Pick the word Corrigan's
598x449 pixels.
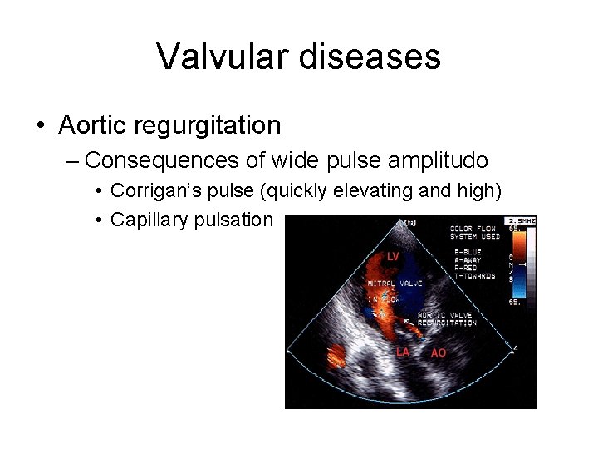click(x=146, y=190)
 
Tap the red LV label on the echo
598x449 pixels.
click(x=393, y=255)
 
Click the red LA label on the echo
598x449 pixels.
click(x=403, y=352)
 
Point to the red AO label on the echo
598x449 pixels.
click(x=439, y=353)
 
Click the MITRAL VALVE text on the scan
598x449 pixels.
click(x=395, y=284)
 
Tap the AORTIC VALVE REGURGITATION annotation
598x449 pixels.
click(x=447, y=318)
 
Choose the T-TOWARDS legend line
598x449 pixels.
click(x=473, y=275)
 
